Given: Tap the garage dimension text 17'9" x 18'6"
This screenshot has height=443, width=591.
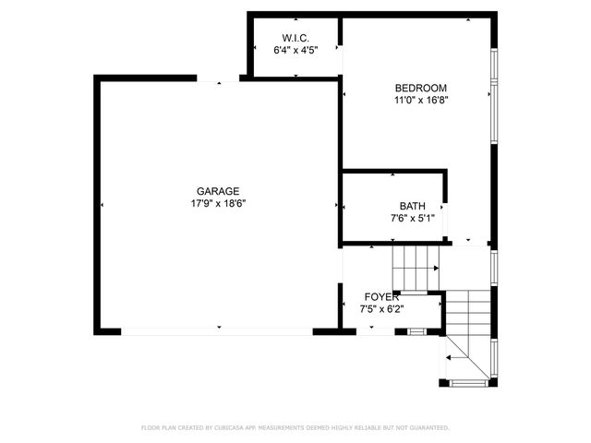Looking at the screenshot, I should (218, 203).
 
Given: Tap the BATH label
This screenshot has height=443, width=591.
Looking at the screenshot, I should (412, 206).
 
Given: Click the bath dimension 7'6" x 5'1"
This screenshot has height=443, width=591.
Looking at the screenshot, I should (412, 219).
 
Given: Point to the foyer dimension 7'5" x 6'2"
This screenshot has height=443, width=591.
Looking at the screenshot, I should (381, 309).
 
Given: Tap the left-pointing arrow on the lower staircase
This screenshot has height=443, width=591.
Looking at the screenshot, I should (451, 356).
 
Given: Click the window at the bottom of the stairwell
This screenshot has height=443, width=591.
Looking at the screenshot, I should (469, 381).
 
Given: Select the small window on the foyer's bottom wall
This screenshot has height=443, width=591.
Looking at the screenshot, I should (416, 330).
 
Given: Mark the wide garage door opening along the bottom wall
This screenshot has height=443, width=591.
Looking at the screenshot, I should (218, 330).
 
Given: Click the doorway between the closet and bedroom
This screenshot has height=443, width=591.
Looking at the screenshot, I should (341, 60).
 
